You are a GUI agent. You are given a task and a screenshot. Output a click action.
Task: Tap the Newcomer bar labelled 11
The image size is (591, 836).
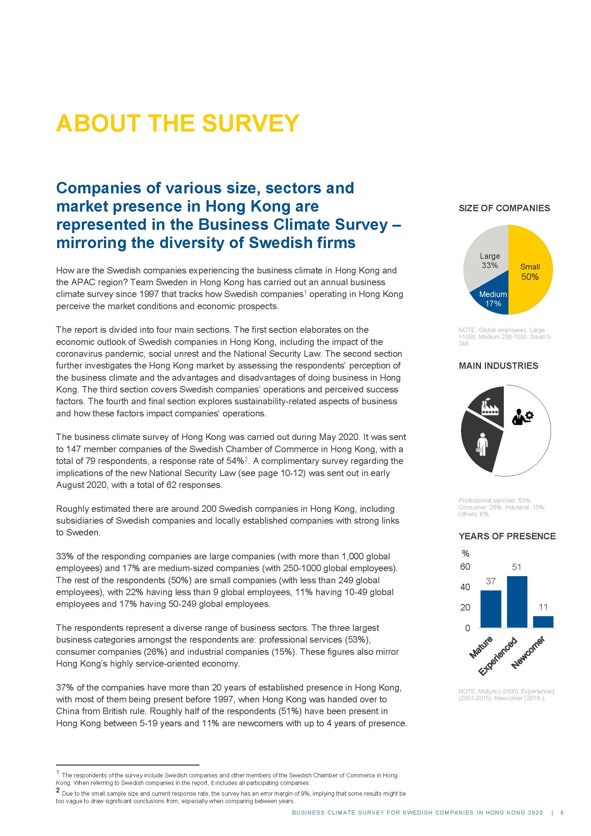(x=543, y=622)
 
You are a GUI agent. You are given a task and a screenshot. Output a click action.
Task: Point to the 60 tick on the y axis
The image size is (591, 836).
(x=465, y=567)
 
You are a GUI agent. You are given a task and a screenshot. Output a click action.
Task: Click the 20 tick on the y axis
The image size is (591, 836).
(x=465, y=607)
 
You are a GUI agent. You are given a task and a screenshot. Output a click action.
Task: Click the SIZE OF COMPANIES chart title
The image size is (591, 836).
(x=504, y=208)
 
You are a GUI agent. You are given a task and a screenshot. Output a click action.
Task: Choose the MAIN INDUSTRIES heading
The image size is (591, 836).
(x=498, y=366)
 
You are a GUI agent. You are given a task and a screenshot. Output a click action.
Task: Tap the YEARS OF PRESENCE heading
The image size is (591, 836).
(x=507, y=536)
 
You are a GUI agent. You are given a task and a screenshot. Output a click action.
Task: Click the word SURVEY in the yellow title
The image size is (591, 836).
(x=250, y=123)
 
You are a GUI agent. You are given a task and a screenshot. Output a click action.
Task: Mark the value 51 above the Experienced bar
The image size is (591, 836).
(x=516, y=567)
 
